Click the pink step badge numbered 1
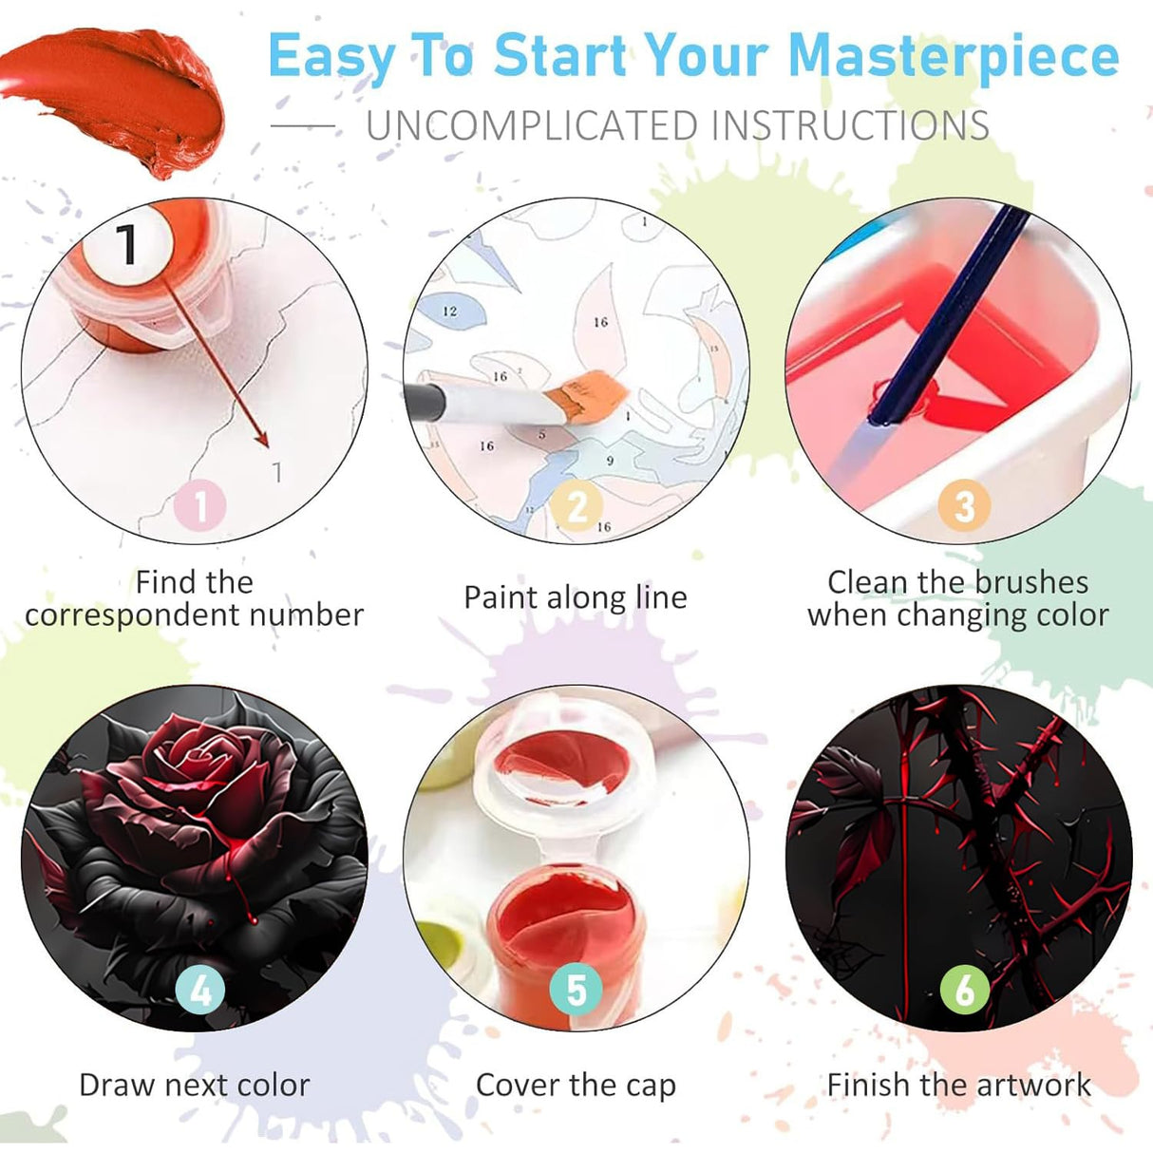click(199, 505)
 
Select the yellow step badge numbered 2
click(576, 505)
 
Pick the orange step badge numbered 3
click(965, 505)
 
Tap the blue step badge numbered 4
click(199, 990)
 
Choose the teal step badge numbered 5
click(576, 990)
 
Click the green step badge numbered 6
click(965, 990)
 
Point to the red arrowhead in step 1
click(261, 438)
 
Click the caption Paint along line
click(576, 598)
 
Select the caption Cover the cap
click(576, 1068)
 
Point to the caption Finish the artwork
click(958, 1068)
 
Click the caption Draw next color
click(195, 1068)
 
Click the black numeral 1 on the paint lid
click(127, 244)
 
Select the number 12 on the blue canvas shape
click(450, 312)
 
